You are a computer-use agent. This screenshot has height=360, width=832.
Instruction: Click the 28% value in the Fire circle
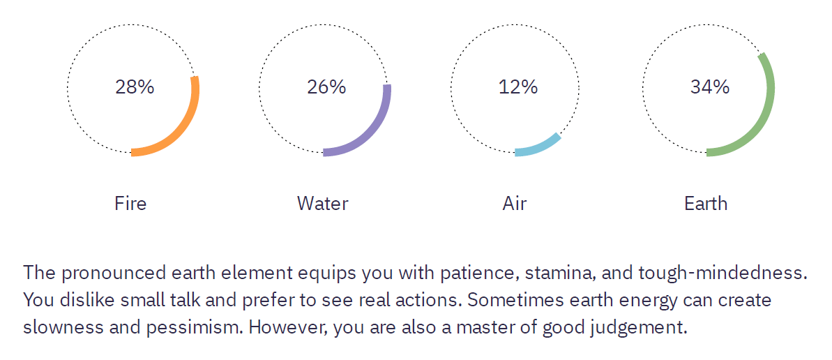134,87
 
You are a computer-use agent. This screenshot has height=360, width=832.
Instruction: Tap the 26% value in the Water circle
326,87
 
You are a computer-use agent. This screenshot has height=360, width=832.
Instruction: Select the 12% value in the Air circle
518,87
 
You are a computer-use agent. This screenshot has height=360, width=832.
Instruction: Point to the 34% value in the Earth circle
710,87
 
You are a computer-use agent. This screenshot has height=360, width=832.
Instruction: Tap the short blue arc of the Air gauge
540,148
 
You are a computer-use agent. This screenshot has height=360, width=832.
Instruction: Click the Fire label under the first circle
130,203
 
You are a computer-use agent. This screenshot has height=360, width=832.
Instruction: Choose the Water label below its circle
323,203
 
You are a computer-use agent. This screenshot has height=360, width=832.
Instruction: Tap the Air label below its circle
515,203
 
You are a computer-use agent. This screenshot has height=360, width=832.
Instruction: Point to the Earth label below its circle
706,203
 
